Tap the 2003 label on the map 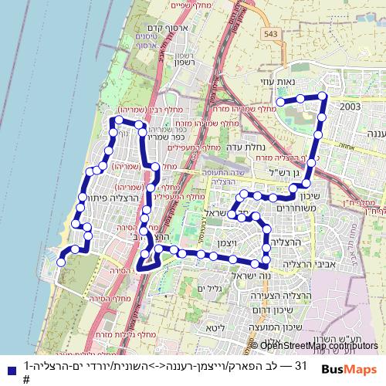coord(350,107)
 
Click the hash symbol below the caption coord(26,379)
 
